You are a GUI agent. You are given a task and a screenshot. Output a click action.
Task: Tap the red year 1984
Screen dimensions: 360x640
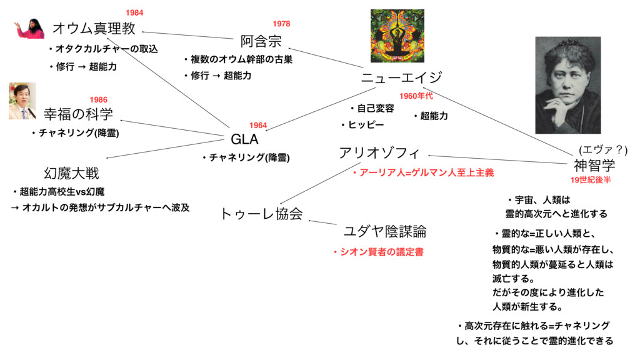coord(134,12)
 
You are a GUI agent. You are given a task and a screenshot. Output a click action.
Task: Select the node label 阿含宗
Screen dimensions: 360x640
coord(261,42)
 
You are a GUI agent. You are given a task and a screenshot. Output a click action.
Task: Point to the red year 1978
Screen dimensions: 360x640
coord(281,24)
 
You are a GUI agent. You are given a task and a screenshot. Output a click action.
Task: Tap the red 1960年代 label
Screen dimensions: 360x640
coord(416,96)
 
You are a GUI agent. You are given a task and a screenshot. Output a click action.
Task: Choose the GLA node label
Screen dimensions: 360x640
coord(245,138)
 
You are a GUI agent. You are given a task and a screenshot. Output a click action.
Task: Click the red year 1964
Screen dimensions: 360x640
coord(258,126)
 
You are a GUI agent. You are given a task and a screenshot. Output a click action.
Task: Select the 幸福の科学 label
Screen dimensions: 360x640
coord(78,114)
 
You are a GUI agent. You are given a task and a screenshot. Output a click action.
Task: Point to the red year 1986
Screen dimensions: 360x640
coord(98,99)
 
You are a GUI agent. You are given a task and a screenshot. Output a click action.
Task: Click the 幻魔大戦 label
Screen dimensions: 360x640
coord(71,172)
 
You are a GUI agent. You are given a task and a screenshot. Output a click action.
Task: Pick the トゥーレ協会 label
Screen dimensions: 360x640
coord(262,214)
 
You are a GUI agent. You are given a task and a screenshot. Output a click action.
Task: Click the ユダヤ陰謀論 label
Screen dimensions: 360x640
coord(385,232)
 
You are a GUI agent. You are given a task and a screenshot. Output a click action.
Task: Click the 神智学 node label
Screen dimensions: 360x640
coord(594,166)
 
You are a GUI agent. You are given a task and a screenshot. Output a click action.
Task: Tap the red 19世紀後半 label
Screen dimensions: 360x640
coord(590,180)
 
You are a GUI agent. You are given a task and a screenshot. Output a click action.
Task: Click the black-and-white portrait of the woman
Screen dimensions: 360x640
coord(567,85)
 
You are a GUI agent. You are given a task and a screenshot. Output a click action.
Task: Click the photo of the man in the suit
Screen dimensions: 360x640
coord(22,101)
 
